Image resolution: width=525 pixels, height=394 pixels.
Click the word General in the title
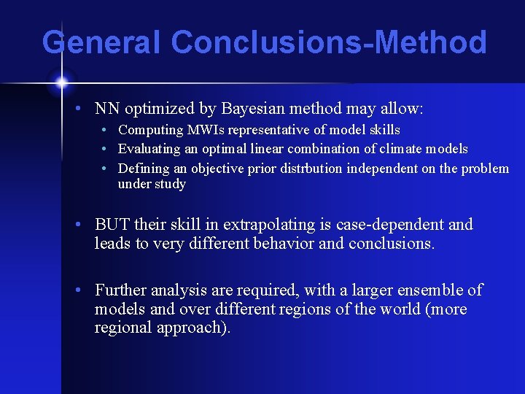tap(101, 42)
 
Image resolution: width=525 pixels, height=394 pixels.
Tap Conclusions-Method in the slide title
tap(328, 42)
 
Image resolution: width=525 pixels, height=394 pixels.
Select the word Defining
tap(142, 168)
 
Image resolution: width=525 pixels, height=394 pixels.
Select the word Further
tap(122, 290)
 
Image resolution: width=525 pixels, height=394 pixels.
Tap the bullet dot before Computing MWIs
tap(106, 130)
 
